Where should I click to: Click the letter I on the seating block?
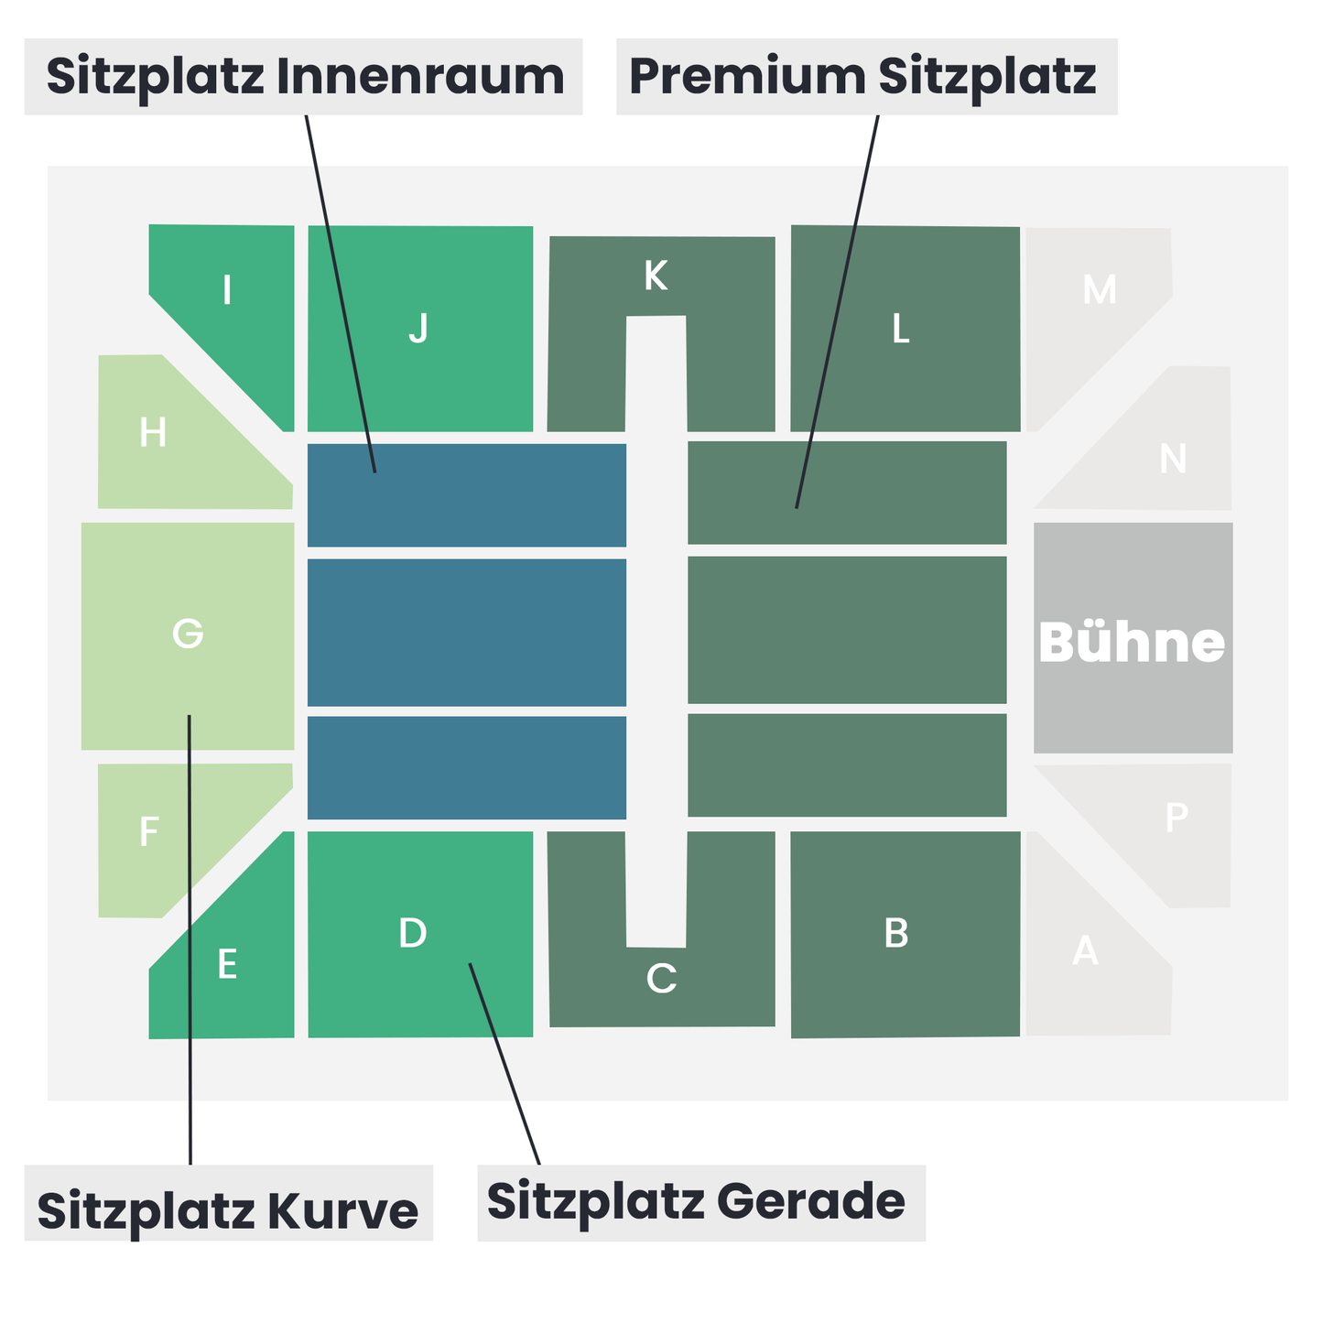pos(226,289)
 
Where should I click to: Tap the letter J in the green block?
pos(418,328)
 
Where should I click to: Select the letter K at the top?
pos(656,276)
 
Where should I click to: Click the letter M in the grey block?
pos(1100,289)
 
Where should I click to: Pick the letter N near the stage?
pos(1173,458)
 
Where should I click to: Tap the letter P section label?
pos(1177,817)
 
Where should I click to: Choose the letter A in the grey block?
pos(1085,950)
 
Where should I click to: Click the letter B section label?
pos(896,933)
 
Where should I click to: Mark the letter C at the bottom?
pos(661,978)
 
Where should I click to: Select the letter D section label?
pos(413,932)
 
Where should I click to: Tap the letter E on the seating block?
pos(227,963)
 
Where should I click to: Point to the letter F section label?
pos(149,831)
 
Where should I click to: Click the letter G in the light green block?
pos(188,633)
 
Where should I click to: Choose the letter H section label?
pos(152,432)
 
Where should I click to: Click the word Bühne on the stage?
pos(1132,642)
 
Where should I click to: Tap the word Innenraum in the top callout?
pos(420,75)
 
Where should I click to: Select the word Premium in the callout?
pos(747,75)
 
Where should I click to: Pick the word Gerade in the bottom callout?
pos(811,1203)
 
